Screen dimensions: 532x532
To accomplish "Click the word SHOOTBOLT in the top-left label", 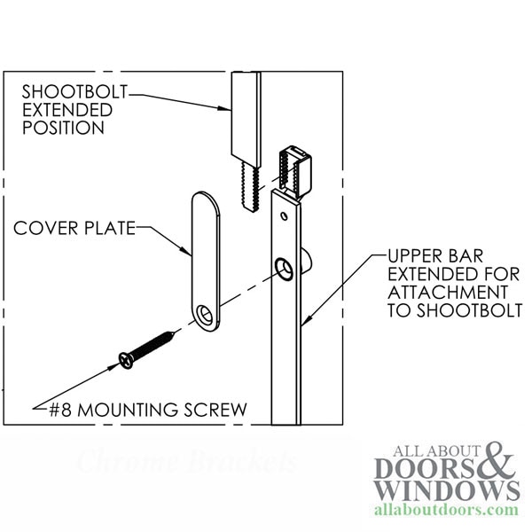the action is (x=74, y=91).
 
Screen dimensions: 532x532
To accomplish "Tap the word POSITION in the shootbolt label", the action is (x=63, y=128).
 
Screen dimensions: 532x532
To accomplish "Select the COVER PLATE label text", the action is (x=74, y=228).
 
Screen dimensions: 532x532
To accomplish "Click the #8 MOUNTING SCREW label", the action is (x=148, y=410).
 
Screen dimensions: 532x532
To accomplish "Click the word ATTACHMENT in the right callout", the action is (x=448, y=292).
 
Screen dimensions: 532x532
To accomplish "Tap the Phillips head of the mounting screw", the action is (x=126, y=360).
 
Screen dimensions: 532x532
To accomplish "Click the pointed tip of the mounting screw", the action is (x=174, y=333).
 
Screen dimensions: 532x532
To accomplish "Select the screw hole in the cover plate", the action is (x=206, y=315).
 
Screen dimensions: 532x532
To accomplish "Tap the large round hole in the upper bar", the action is (x=284, y=269).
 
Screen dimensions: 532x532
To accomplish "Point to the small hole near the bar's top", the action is (x=285, y=215).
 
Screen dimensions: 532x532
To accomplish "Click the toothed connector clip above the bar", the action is (x=294, y=172).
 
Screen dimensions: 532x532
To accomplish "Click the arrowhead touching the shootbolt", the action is (x=225, y=108).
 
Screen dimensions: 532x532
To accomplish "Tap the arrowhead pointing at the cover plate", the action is (x=186, y=251).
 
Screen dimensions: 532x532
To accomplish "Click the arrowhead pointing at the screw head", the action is (x=113, y=366).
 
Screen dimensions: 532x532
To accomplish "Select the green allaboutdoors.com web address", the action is (x=446, y=510).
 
